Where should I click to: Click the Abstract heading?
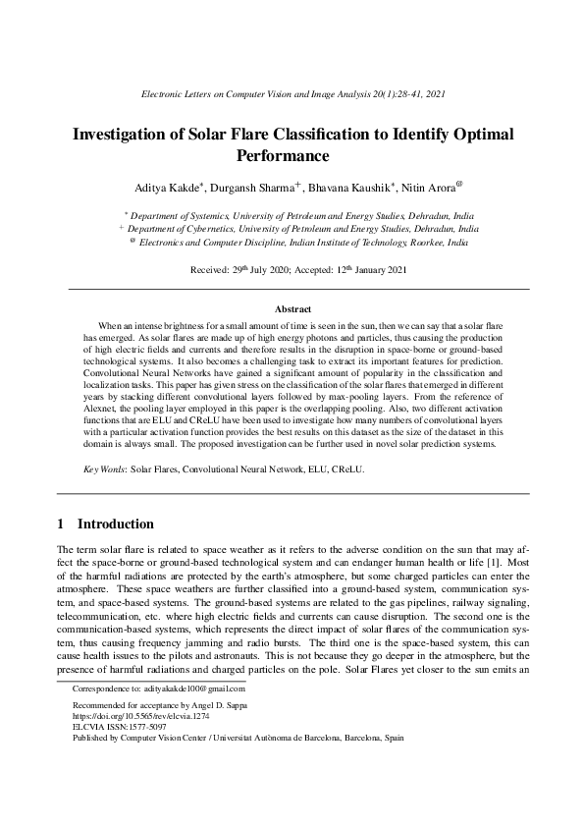292,308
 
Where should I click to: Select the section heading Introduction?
115,524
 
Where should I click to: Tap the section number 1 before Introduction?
62,524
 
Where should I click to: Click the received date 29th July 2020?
247,268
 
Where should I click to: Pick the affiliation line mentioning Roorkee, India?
298,241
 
